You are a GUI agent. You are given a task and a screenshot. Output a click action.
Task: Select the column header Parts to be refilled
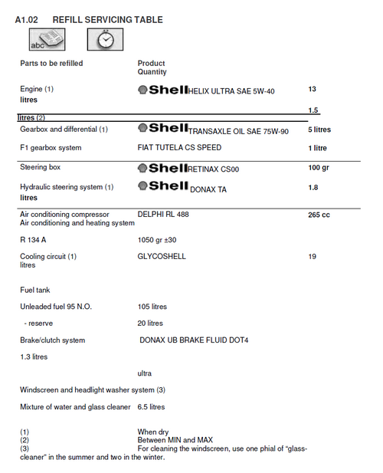tap(51, 63)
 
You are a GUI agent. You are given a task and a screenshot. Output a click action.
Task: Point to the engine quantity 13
tap(312, 90)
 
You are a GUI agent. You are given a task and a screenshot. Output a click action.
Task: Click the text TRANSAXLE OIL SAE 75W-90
tap(238, 131)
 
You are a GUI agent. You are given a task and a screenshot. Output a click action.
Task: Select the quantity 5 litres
tap(319, 130)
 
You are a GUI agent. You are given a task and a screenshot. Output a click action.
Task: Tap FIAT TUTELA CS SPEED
tap(179, 148)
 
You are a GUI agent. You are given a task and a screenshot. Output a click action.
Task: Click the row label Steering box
tap(40, 167)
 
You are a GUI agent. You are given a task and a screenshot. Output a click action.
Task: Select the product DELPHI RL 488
tap(163, 215)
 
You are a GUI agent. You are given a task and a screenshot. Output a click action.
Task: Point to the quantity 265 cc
tap(319, 215)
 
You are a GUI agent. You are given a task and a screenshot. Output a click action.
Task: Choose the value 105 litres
tap(152, 307)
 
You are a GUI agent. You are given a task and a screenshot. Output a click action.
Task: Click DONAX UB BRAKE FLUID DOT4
tap(205, 340)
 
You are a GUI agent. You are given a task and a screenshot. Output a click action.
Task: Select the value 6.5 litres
tap(151, 407)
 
